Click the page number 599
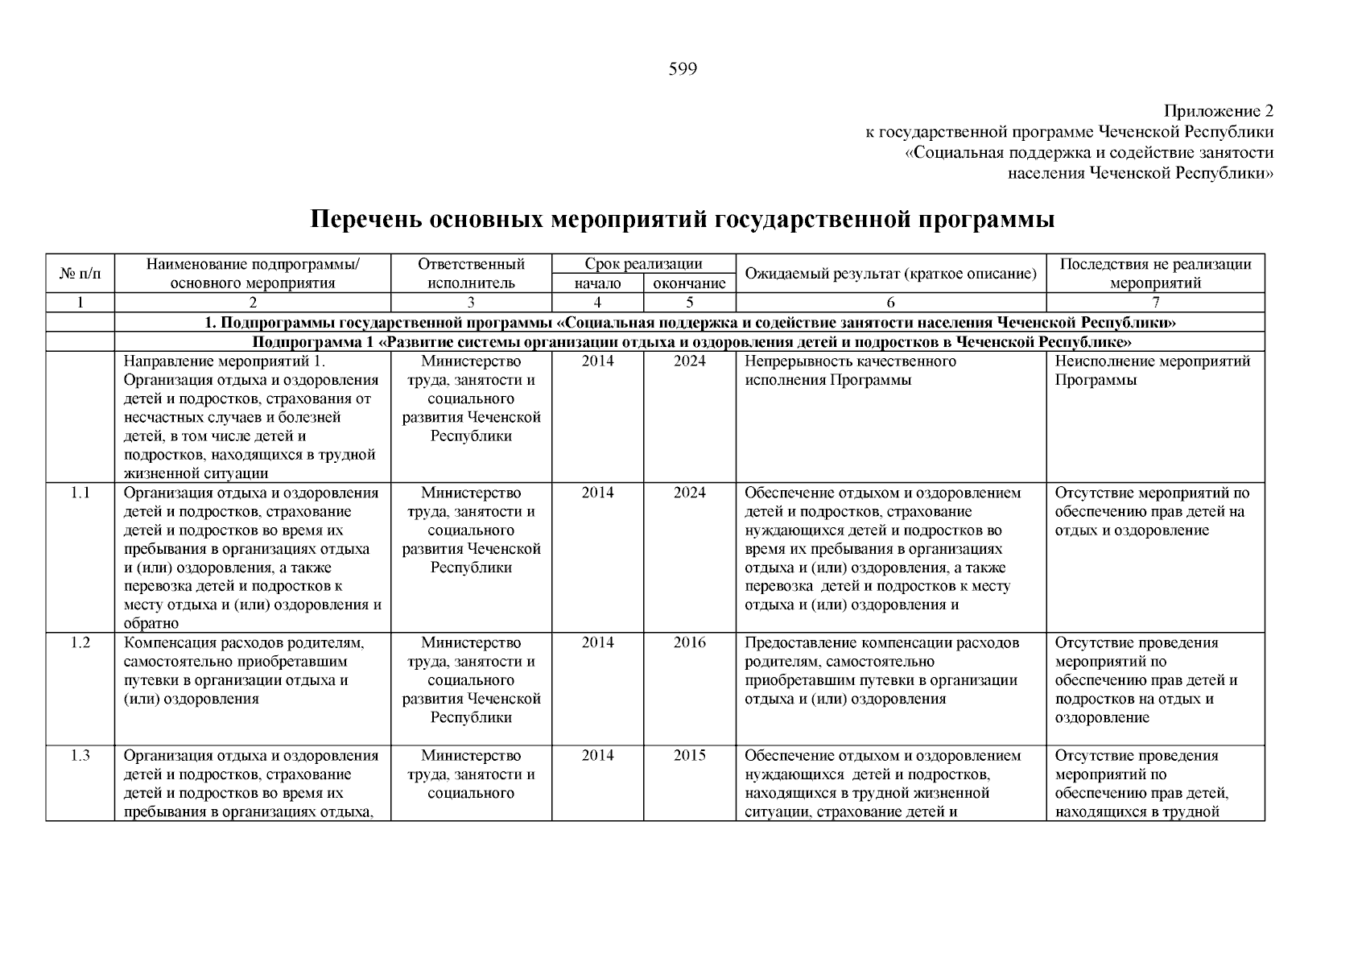(x=683, y=69)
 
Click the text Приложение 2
(x=1219, y=110)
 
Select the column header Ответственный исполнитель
(x=471, y=274)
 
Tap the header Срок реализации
(x=643, y=264)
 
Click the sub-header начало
(x=597, y=283)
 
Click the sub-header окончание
(x=690, y=283)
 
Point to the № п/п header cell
(x=80, y=274)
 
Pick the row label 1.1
(x=80, y=493)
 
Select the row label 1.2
(x=80, y=642)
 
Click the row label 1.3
(x=80, y=755)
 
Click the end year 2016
(x=690, y=642)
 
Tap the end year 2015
(x=690, y=755)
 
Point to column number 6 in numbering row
(x=890, y=303)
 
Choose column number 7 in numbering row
(x=1155, y=303)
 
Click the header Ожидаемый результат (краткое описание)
(x=890, y=274)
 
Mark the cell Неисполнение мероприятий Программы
(x=1152, y=371)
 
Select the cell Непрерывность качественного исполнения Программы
(x=850, y=371)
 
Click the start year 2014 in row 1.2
(x=597, y=642)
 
